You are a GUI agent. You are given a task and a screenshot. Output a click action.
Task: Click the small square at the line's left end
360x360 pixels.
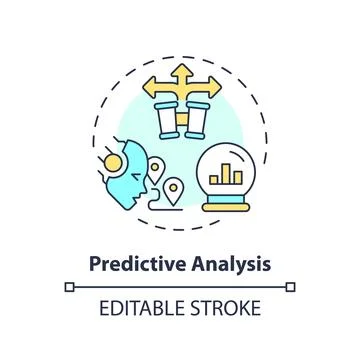67,288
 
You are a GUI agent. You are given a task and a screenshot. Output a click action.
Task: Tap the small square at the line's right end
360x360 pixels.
292,288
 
